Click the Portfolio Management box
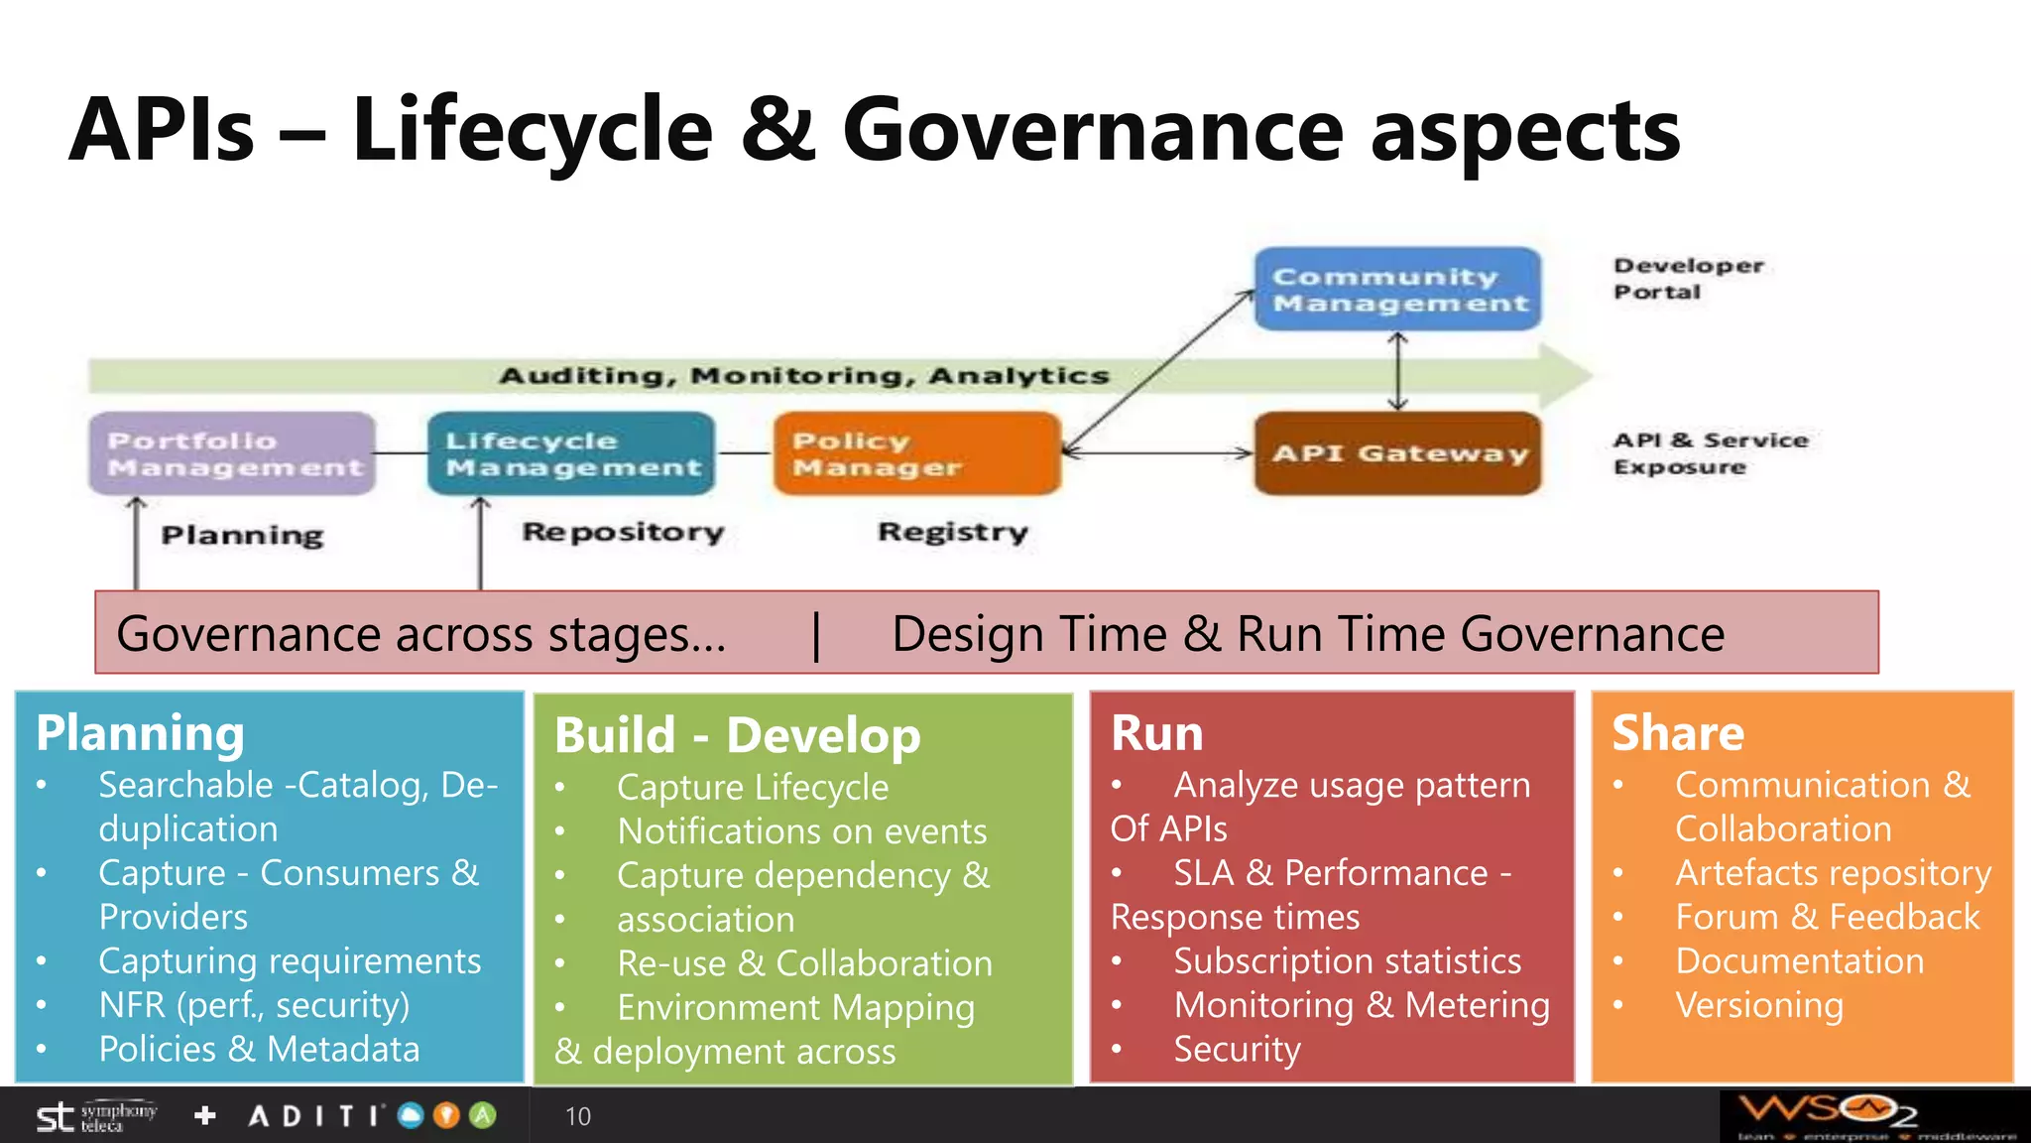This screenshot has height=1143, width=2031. point(232,453)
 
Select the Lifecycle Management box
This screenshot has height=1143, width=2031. point(571,453)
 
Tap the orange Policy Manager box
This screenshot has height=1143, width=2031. point(917,453)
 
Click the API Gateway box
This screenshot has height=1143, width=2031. point(1398,453)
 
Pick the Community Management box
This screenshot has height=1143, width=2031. point(1398,289)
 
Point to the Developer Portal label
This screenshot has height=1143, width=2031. point(1688,279)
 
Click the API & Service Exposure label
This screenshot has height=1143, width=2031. point(1710,453)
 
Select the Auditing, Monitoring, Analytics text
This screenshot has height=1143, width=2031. point(803,376)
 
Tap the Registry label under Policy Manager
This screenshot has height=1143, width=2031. point(952,532)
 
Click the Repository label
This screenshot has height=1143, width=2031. point(623,532)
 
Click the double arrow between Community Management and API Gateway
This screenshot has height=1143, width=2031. point(1398,371)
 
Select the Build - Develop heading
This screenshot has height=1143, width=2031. point(737,735)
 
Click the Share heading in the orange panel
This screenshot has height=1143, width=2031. point(1677,733)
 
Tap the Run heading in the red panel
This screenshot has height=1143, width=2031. point(1156,733)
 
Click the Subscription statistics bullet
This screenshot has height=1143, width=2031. point(1347,960)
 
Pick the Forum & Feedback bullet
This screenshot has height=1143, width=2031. point(1827,917)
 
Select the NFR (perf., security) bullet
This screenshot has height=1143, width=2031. point(254,1005)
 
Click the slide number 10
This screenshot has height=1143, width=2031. point(577,1116)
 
